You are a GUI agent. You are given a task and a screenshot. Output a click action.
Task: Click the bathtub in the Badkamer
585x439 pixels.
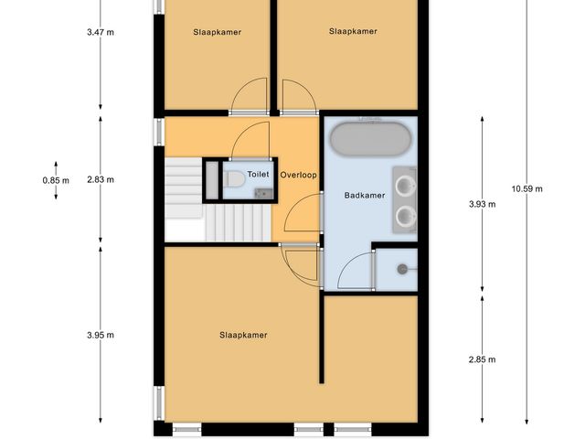pyautogui.click(x=370, y=140)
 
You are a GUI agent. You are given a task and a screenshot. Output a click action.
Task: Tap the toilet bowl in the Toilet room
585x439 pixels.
pyautogui.click(x=234, y=179)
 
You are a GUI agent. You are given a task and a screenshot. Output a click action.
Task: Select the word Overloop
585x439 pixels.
pyautogui.click(x=298, y=174)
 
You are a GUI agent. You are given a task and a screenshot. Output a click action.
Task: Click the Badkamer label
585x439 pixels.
pyautogui.click(x=363, y=195)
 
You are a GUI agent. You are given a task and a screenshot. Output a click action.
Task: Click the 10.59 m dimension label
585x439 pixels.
pyautogui.click(x=526, y=188)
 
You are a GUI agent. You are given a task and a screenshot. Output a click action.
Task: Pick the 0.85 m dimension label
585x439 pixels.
pyautogui.click(x=56, y=180)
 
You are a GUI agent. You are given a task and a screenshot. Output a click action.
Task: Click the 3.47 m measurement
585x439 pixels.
pyautogui.click(x=100, y=32)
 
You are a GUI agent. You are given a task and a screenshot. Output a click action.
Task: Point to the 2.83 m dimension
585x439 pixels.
pyautogui.click(x=100, y=180)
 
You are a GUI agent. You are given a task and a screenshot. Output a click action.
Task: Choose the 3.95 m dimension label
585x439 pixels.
pyautogui.click(x=100, y=335)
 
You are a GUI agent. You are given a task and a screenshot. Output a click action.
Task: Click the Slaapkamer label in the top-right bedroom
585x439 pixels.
pyautogui.click(x=353, y=31)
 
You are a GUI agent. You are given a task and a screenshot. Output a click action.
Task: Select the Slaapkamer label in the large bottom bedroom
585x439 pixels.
pyautogui.click(x=243, y=335)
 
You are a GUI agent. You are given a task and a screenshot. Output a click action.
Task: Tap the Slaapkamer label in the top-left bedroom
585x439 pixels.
pyautogui.click(x=218, y=32)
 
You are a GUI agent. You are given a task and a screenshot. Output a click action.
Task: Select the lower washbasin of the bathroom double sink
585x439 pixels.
pyautogui.click(x=405, y=216)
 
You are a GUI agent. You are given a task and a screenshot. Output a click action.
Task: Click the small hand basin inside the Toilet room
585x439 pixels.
pyautogui.click(x=263, y=193)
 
